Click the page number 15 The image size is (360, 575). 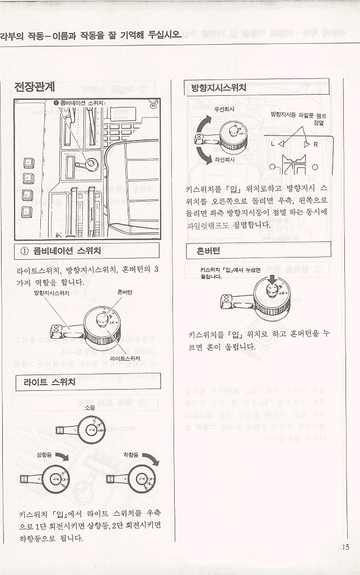tap(345, 548)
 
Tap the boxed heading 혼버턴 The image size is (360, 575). tap(208, 251)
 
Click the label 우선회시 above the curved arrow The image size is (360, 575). tap(224, 109)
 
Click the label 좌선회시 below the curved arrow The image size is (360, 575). tap(224, 159)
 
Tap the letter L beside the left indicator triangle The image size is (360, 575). tap(273, 144)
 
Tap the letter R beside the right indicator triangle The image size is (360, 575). tap(316, 144)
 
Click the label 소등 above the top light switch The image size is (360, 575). tap(89, 408)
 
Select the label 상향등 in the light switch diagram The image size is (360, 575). tap(45, 455)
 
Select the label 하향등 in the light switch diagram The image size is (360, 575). tap(132, 455)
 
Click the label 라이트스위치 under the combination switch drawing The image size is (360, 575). tap(125, 357)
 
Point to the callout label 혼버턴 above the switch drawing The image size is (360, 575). tap(124, 292)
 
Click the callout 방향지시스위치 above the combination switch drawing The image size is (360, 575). tap(52, 293)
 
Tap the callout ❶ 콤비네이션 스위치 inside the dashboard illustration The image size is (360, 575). tap(80, 103)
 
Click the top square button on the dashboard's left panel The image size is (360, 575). tap(27, 162)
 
